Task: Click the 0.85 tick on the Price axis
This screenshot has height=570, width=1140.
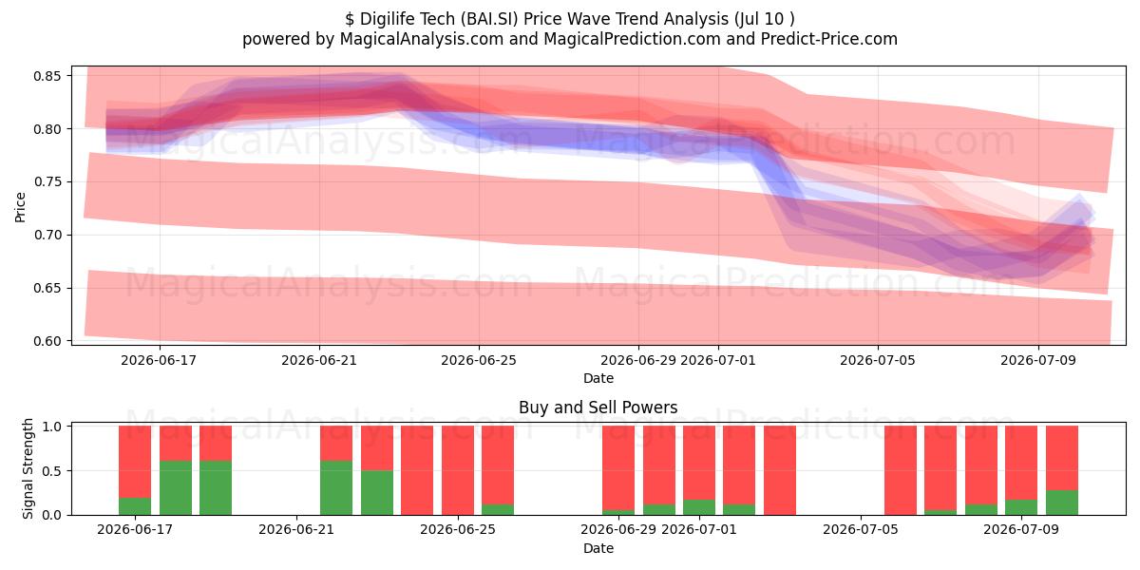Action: (x=47, y=76)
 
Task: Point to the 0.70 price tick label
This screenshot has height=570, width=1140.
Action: (x=47, y=236)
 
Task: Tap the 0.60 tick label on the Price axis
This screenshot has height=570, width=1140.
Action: (x=47, y=341)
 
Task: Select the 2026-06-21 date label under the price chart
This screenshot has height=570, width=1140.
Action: (x=319, y=360)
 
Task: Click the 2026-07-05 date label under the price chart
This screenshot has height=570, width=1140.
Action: (x=878, y=360)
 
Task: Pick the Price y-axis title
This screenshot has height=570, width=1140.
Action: (x=20, y=207)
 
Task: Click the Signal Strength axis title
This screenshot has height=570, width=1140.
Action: (x=28, y=468)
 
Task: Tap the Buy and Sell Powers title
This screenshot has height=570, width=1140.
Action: (x=598, y=408)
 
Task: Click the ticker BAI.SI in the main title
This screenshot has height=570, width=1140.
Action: (x=489, y=19)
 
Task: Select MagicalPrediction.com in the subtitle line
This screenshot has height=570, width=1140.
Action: (x=632, y=39)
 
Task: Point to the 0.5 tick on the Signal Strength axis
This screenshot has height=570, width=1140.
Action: (x=51, y=471)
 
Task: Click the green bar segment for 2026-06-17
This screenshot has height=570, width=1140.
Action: (x=135, y=505)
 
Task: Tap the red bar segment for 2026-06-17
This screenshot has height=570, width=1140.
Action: (x=135, y=462)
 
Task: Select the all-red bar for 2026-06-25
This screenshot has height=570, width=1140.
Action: (x=458, y=470)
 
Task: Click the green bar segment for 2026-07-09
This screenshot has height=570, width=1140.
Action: (x=1021, y=507)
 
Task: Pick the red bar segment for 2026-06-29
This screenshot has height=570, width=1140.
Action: (x=618, y=467)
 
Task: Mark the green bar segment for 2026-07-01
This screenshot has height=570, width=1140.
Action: (x=699, y=507)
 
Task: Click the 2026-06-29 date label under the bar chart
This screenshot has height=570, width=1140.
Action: (x=618, y=530)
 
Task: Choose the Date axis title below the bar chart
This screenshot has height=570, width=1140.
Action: (x=598, y=548)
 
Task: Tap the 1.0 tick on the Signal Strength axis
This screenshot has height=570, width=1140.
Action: (x=51, y=427)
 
